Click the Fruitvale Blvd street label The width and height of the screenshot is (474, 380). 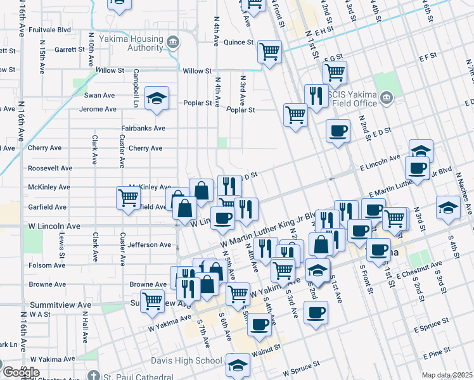[x=47, y=29]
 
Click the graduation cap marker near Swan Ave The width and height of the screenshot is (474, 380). [x=156, y=98]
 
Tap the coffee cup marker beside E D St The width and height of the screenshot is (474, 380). [x=338, y=130]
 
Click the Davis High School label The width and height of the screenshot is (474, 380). [x=177, y=361]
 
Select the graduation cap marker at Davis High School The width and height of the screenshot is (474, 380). [x=238, y=364]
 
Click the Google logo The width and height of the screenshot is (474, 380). [x=20, y=372]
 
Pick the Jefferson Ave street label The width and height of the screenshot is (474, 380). [x=150, y=244]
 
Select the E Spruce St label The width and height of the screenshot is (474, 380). [x=432, y=329]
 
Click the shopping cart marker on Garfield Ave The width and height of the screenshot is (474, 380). [x=129, y=198]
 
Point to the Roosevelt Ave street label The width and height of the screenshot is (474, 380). [x=51, y=168]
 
